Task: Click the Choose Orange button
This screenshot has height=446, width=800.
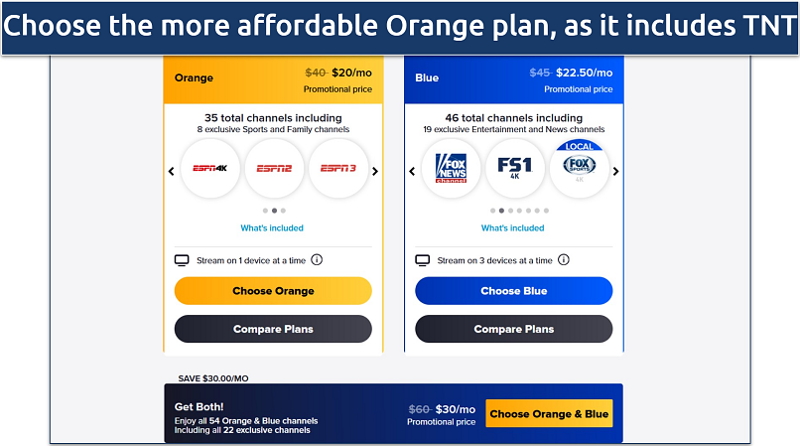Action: (x=273, y=291)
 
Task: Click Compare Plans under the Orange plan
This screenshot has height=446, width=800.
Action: (x=273, y=329)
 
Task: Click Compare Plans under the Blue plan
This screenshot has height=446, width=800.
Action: (x=513, y=329)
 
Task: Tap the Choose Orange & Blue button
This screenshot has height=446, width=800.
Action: (x=549, y=413)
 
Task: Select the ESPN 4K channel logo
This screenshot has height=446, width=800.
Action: (x=209, y=169)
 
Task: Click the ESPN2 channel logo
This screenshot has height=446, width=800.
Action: (x=274, y=169)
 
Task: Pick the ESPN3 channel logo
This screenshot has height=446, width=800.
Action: (x=338, y=169)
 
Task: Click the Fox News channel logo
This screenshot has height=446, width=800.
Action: (x=451, y=169)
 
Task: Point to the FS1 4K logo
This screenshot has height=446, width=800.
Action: (x=514, y=169)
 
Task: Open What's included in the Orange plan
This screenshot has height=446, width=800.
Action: (x=272, y=228)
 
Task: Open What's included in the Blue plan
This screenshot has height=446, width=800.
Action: (x=513, y=228)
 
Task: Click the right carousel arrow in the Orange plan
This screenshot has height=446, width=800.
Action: (x=375, y=171)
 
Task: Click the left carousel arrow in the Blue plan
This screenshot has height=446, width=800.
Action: (x=412, y=171)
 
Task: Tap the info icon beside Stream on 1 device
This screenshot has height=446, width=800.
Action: (x=317, y=260)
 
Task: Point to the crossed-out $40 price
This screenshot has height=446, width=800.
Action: (x=317, y=72)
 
